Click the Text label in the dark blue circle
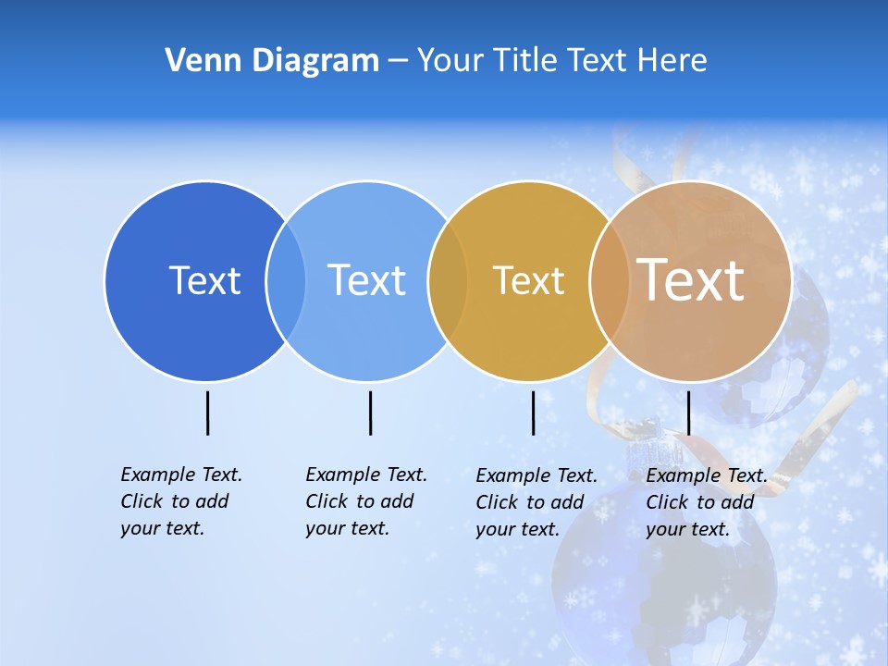pos(204,280)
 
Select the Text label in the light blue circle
pos(366,280)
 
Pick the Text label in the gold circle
pos(528,280)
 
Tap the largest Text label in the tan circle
pos(691,280)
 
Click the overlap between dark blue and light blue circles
pos(286,280)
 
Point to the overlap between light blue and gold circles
pos(448,280)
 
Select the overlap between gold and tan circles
pos(610,280)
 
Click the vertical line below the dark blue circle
pos(207,413)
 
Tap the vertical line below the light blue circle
pos(370,413)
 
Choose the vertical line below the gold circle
pos(533,413)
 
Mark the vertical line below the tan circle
pos(688,413)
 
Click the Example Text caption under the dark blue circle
pos(180,501)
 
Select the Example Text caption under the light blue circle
pos(365,501)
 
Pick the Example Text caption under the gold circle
pos(536,502)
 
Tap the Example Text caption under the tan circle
pos(706,502)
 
